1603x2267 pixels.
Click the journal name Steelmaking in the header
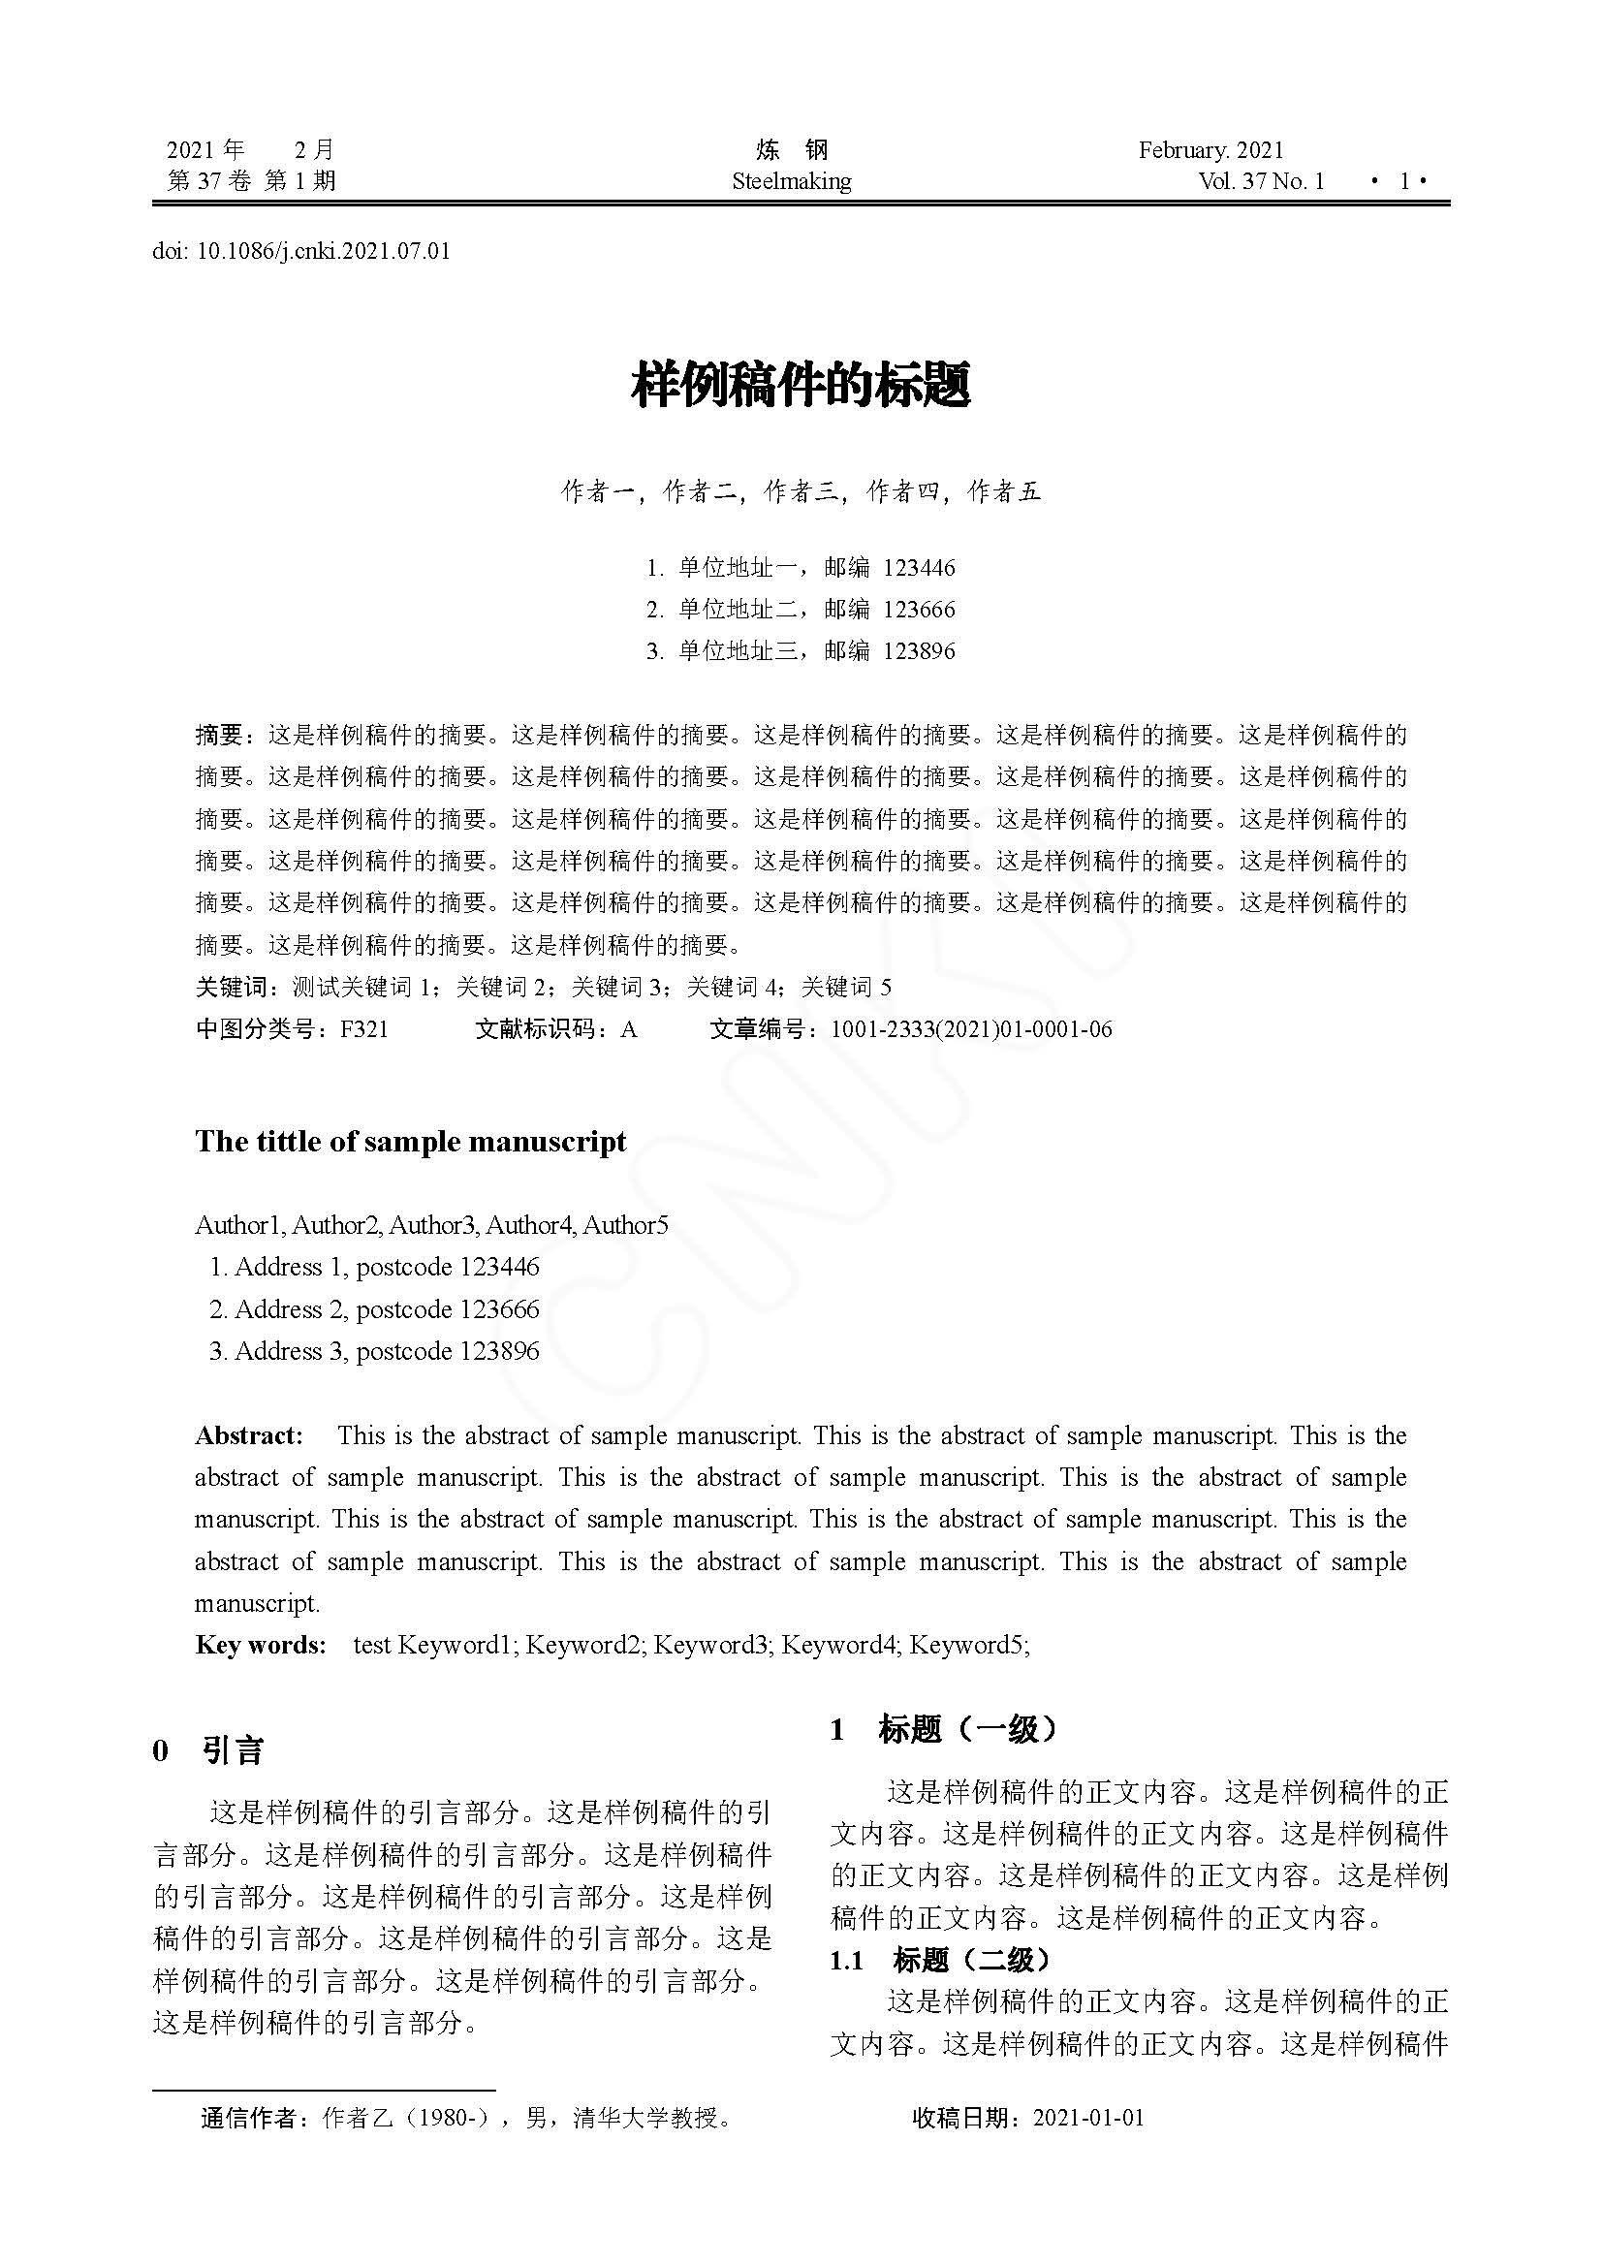791,181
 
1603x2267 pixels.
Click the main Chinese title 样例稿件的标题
801,385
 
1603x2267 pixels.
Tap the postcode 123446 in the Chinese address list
918,568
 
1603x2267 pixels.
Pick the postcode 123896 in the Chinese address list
918,650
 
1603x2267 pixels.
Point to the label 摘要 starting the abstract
218,735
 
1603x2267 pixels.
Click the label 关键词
225,987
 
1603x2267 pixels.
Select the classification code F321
364,1029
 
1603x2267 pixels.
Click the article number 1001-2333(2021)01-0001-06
970,1029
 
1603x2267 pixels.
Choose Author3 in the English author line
431,1225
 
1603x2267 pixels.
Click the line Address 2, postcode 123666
374,1309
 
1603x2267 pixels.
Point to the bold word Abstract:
249,1435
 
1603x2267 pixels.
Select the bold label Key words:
261,1645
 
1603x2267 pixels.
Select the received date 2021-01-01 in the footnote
1087,2117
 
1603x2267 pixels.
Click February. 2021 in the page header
1211,150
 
